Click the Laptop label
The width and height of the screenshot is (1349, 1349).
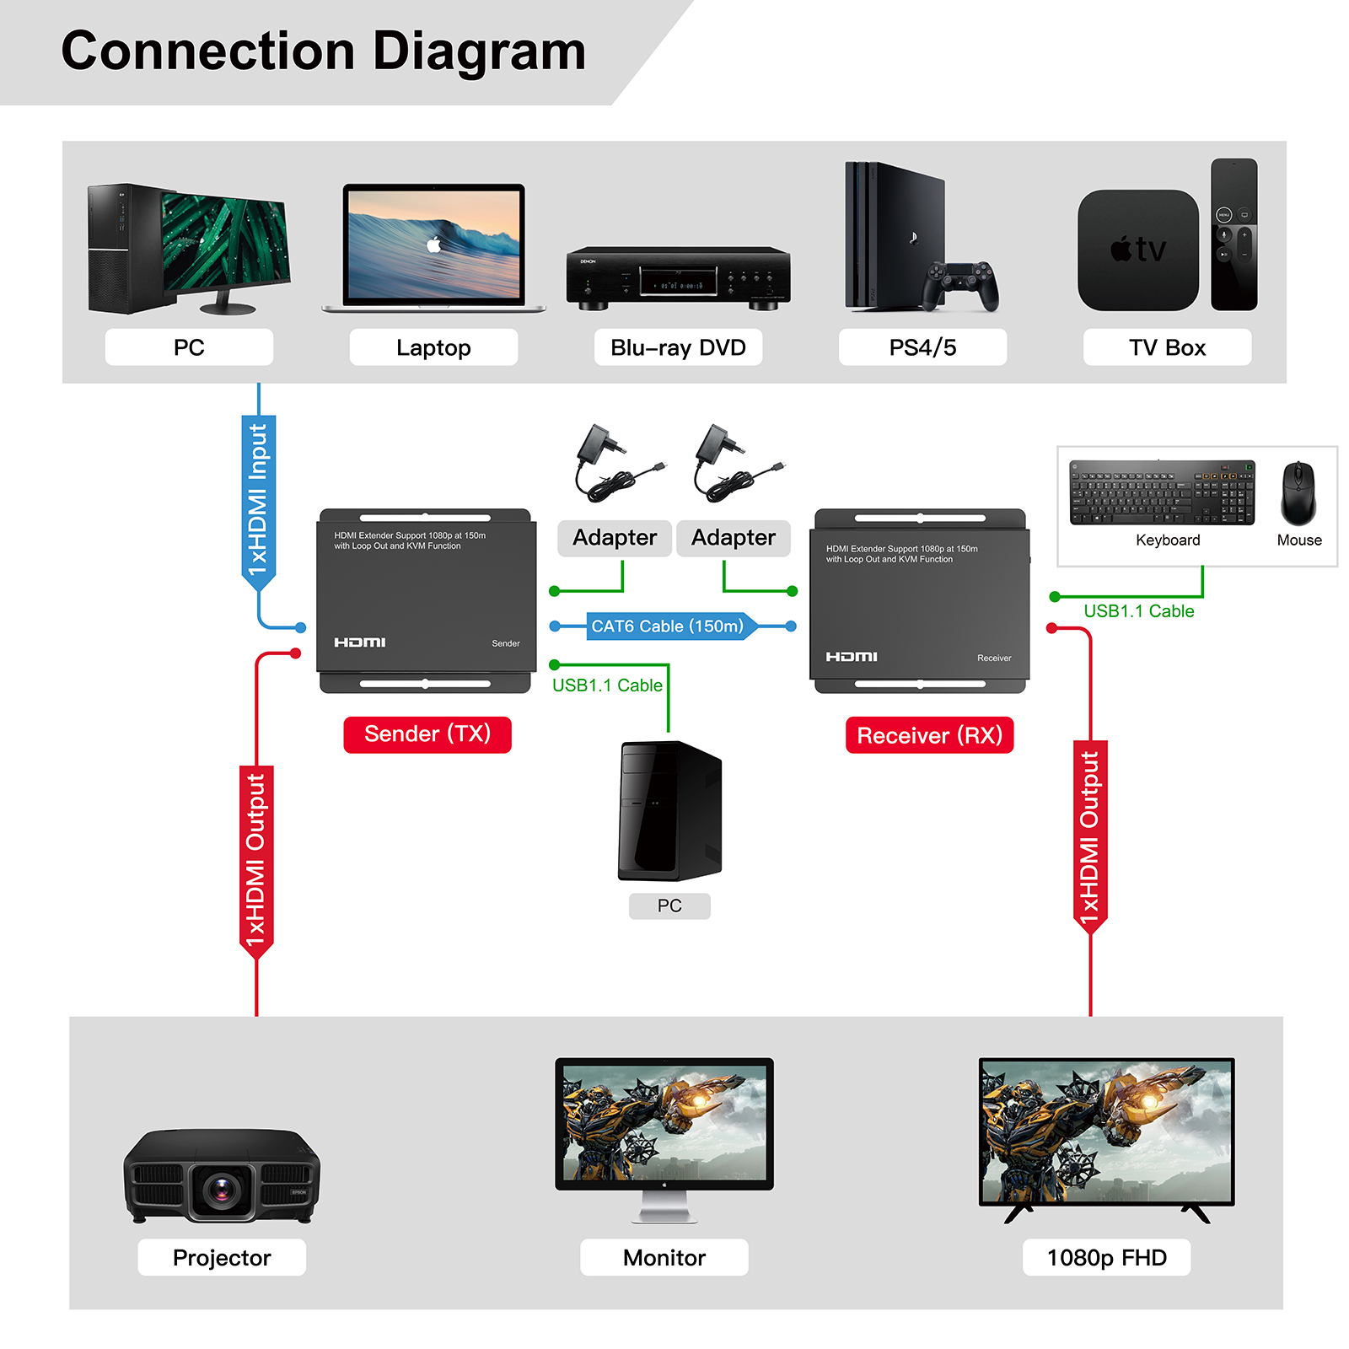(433, 347)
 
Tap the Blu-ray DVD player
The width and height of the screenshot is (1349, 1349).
(678, 277)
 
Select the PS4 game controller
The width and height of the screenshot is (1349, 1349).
(959, 285)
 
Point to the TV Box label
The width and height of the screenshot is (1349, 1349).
(1167, 347)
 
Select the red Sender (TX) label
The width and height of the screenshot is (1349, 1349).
(427, 734)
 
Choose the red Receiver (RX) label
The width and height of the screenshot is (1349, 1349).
(929, 735)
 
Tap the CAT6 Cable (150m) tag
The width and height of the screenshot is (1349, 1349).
(668, 626)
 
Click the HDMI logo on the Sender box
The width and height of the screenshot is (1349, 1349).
(360, 642)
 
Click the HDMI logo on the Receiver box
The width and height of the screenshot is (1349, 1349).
(852, 657)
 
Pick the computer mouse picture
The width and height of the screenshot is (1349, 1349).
(1298, 493)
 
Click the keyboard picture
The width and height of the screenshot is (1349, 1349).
(1162, 493)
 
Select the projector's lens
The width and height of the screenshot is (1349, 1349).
(222, 1190)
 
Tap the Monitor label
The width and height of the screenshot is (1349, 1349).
(664, 1258)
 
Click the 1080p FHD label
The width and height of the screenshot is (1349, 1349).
(1106, 1258)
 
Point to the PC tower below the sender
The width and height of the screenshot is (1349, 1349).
(670, 811)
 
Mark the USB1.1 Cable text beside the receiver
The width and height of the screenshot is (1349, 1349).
(1138, 611)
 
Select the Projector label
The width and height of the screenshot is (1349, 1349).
(222, 1258)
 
